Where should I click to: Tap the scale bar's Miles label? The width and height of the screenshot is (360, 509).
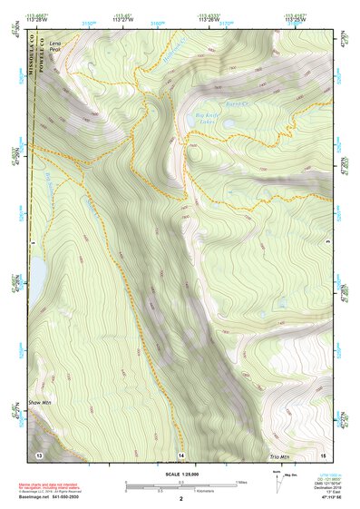[240, 481]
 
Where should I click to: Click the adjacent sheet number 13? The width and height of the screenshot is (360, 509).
[39, 453]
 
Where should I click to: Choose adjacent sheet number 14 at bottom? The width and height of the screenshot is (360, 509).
[180, 453]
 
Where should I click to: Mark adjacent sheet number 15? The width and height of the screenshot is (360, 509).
[321, 453]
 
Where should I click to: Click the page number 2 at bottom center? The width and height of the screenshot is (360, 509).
[180, 499]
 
